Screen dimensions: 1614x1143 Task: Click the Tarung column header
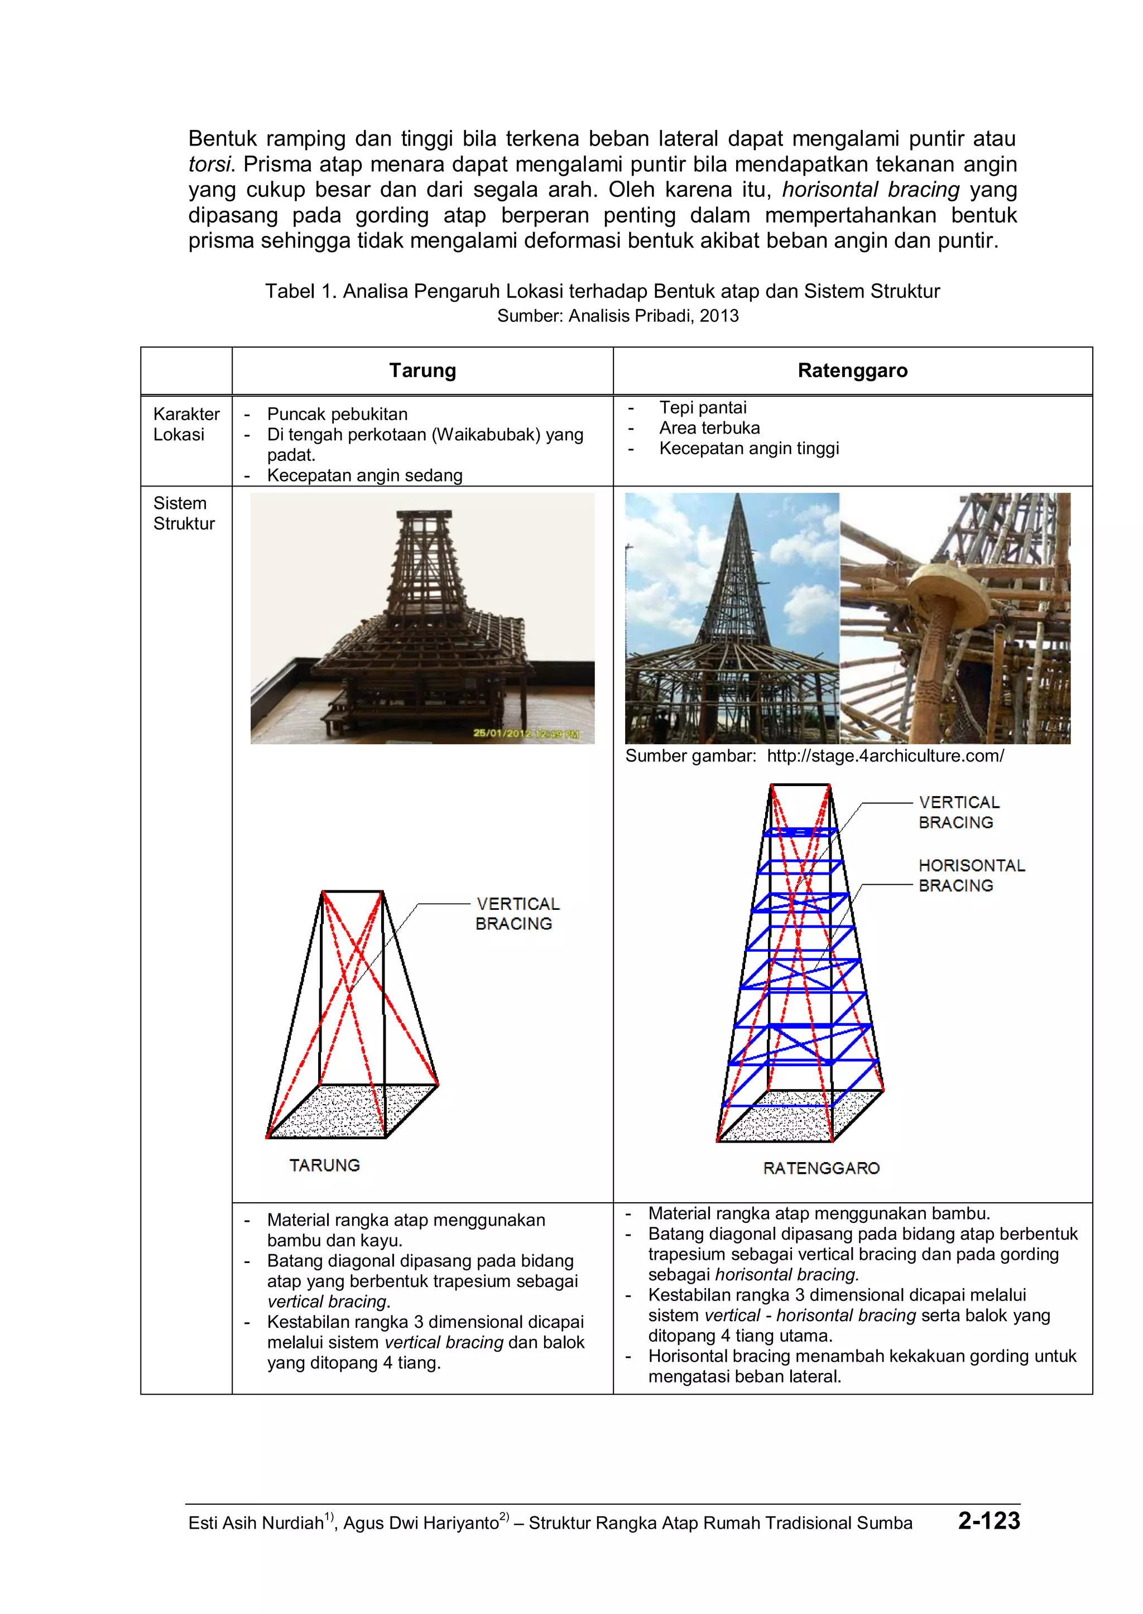tap(422, 371)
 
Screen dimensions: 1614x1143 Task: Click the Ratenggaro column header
tap(852, 371)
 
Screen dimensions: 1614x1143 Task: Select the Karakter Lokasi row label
tap(186, 424)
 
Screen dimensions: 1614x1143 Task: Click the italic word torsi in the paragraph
tap(209, 165)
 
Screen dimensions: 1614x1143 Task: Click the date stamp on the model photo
tap(526, 733)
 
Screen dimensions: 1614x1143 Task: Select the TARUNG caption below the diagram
tap(324, 1165)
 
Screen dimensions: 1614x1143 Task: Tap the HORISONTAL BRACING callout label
tap(971, 875)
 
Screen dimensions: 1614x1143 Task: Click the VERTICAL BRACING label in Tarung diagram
tap(517, 913)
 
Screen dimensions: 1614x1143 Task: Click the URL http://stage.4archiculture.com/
tap(885, 757)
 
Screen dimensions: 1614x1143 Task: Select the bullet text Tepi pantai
tap(703, 407)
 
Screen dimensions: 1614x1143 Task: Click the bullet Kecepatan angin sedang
tap(364, 476)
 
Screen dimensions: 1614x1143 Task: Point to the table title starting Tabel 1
tap(602, 291)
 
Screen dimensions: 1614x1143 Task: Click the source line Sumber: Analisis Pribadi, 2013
tap(617, 316)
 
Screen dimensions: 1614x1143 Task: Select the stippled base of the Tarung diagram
tap(352, 1112)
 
